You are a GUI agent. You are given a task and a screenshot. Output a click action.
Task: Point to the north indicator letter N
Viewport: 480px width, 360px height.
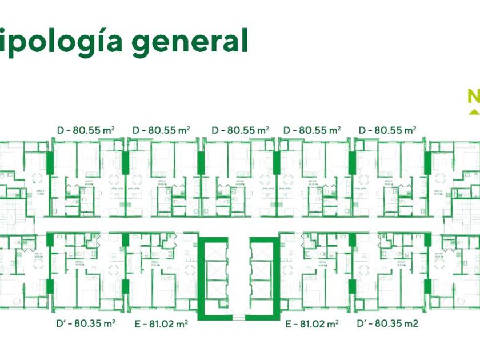pos(474,98)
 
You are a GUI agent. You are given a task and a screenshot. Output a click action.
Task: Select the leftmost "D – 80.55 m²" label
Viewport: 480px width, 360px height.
pos(86,130)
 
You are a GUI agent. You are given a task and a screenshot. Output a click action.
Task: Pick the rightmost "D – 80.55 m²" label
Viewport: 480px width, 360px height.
pos(387,130)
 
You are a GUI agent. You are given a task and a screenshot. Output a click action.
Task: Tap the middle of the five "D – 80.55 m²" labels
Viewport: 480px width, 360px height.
pos(240,130)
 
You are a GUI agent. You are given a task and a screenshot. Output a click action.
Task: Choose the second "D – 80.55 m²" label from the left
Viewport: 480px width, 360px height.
pos(161,130)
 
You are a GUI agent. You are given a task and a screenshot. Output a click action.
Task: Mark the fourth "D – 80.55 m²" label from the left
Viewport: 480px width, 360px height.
pos(313,130)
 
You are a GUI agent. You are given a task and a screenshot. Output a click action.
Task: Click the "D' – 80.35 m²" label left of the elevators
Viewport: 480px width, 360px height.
pos(86,323)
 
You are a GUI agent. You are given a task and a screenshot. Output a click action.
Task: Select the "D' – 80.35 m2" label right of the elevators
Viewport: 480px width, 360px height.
pos(387,323)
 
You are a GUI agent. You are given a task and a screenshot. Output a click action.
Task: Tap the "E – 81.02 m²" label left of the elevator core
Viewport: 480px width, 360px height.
pos(161,324)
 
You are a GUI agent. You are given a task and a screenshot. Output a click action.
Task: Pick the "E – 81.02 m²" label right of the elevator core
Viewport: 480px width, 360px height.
pos(312,324)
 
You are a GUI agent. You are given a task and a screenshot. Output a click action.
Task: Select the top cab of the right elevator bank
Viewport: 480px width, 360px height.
pos(264,254)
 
